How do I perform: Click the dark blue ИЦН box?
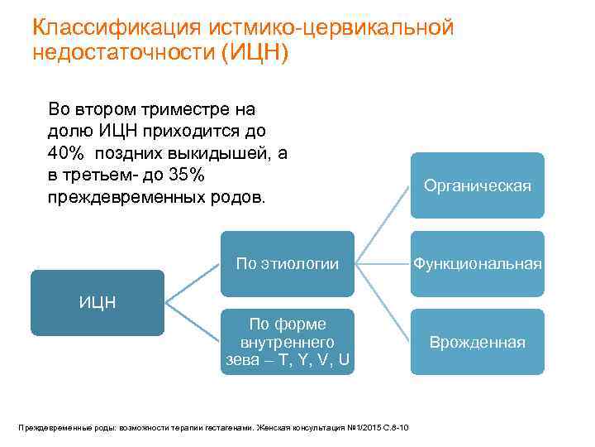tap(98, 302)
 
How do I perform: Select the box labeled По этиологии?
tap(287, 264)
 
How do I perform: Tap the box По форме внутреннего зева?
tap(287, 342)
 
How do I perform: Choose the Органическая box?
tap(478, 185)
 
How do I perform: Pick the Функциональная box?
tap(478, 264)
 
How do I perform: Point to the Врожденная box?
tap(478, 342)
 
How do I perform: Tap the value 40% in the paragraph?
tap(66, 154)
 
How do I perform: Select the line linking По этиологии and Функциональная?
tap(383, 264)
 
